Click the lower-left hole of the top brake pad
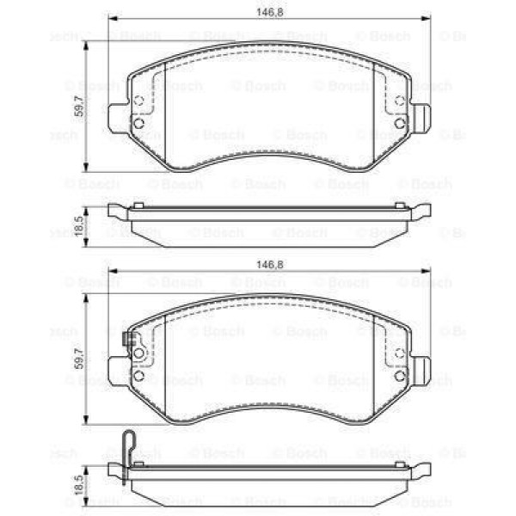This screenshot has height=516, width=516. coord(138,123)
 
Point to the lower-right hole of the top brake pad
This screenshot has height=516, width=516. coord(399,123)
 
